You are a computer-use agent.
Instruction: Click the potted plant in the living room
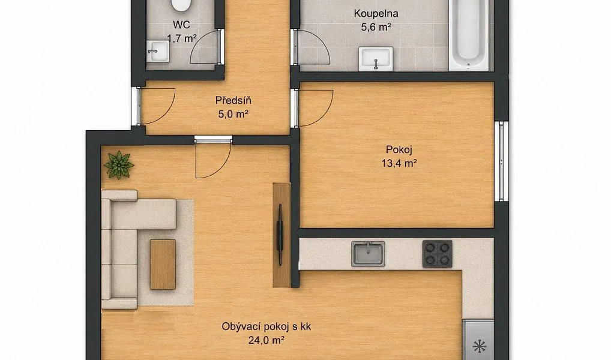click(x=119, y=165)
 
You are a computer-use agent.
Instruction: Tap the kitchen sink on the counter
click(x=368, y=254)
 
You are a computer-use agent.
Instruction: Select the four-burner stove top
click(x=437, y=254)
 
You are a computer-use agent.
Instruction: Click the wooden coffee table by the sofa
click(x=163, y=265)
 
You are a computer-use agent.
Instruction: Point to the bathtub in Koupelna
click(x=468, y=35)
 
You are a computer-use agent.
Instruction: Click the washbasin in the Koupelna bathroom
click(x=376, y=59)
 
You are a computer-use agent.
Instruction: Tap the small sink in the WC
click(x=158, y=51)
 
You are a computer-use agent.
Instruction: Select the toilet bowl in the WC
click(x=181, y=5)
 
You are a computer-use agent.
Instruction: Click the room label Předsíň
click(x=233, y=101)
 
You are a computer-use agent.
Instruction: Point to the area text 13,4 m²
click(x=399, y=163)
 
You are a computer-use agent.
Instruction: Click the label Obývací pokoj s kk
click(x=266, y=326)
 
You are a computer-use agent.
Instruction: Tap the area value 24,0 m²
click(x=266, y=340)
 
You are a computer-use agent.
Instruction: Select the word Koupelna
click(x=376, y=14)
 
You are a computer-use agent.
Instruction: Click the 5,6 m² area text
click(x=376, y=27)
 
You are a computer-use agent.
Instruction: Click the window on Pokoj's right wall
click(x=501, y=161)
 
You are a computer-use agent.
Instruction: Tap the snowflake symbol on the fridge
click(x=479, y=346)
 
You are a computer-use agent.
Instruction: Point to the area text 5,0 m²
click(x=233, y=114)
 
